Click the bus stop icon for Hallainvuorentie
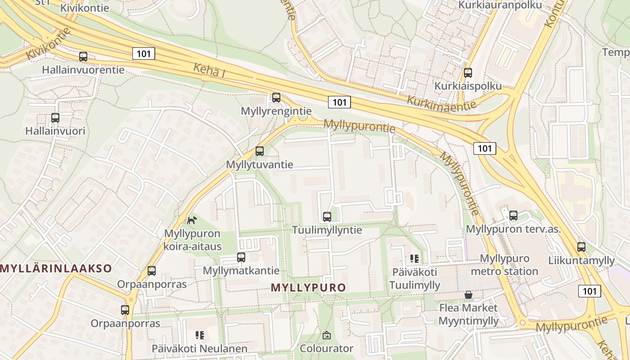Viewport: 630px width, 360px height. coord(83,57)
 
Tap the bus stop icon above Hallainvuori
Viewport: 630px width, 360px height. coord(55,118)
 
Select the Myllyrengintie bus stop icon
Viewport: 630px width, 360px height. coord(276,97)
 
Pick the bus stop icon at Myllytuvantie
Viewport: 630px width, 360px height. coord(260,151)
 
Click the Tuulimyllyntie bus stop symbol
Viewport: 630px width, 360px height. coord(327,216)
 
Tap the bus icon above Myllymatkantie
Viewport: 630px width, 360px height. coord(241,257)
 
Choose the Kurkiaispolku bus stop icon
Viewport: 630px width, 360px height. coord(468,72)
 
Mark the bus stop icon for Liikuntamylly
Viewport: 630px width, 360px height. coord(581,247)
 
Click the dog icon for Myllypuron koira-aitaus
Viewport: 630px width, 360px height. coord(192,220)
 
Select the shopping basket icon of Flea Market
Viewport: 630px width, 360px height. coord(468,295)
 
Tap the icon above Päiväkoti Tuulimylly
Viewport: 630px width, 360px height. coord(414,258)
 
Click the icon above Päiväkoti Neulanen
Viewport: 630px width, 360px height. coord(200,335)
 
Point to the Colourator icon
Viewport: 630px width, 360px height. coord(327,335)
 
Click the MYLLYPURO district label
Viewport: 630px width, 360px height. coord(309,288)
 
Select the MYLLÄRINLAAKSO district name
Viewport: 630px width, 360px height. coord(56,269)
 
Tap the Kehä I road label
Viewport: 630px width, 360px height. coord(209,70)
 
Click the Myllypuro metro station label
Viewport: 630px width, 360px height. coord(504,265)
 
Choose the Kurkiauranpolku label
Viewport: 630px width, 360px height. coord(500,5)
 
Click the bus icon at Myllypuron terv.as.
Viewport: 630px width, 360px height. coord(513,216)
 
